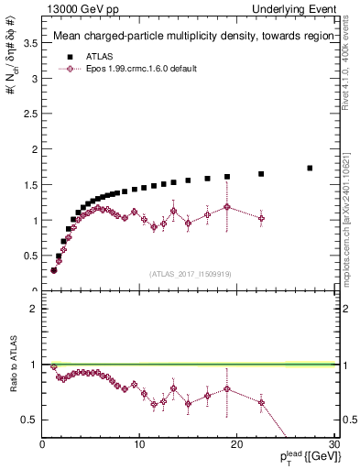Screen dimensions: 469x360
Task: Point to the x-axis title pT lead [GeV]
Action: (303, 458)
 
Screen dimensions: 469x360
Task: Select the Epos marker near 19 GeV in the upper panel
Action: (227, 207)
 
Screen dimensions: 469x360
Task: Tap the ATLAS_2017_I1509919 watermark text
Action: (190, 273)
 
